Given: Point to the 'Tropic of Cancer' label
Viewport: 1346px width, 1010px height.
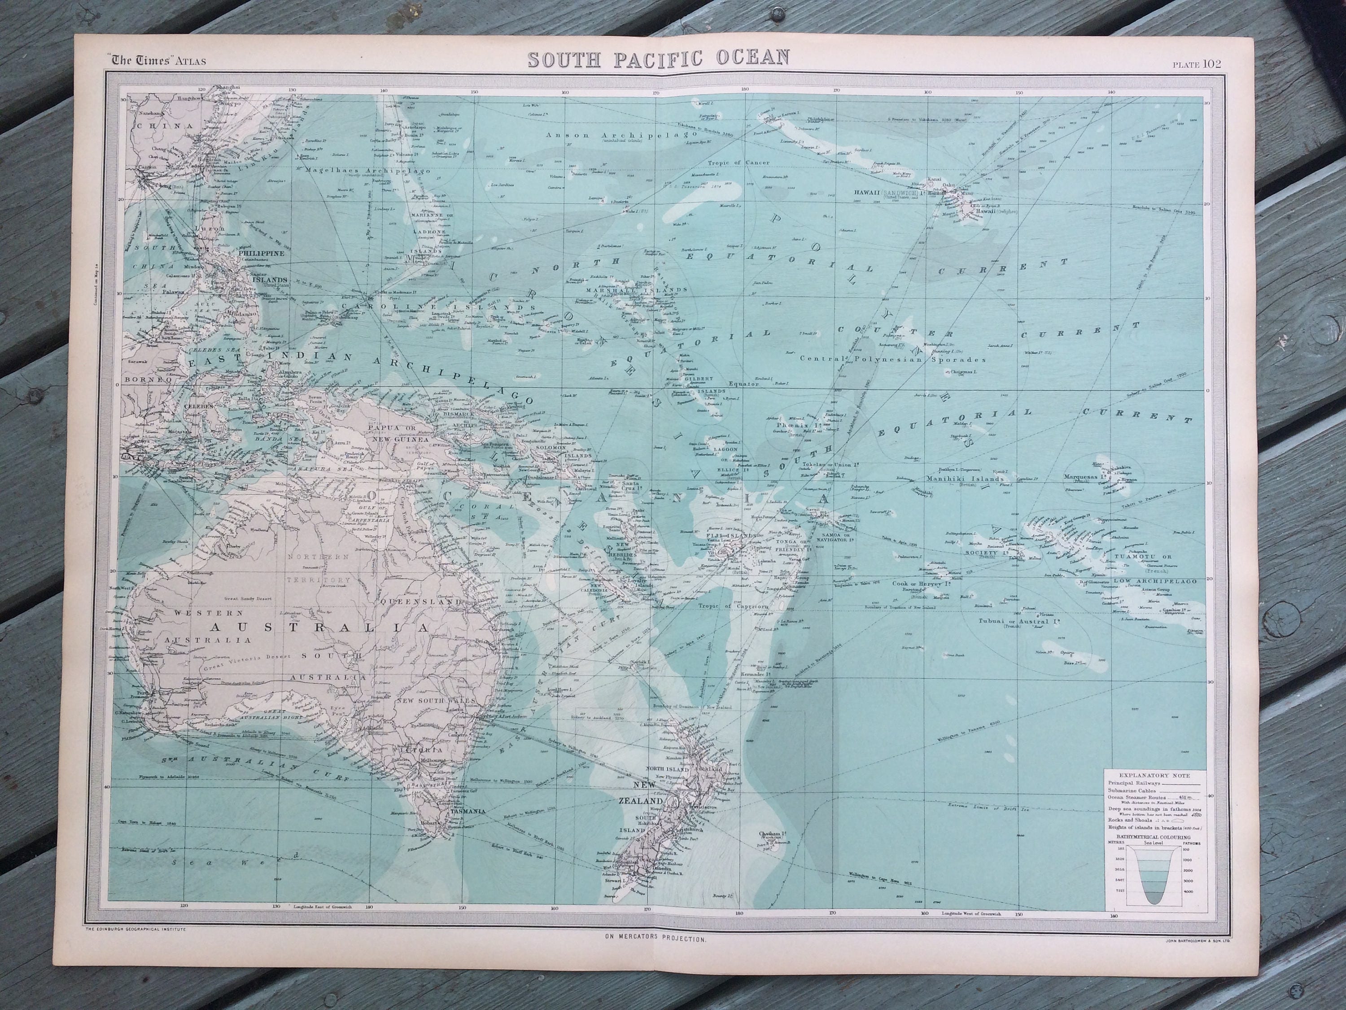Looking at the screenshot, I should pyautogui.click(x=738, y=162).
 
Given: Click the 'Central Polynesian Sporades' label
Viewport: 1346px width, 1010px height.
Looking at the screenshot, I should pyautogui.click(x=893, y=359).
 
